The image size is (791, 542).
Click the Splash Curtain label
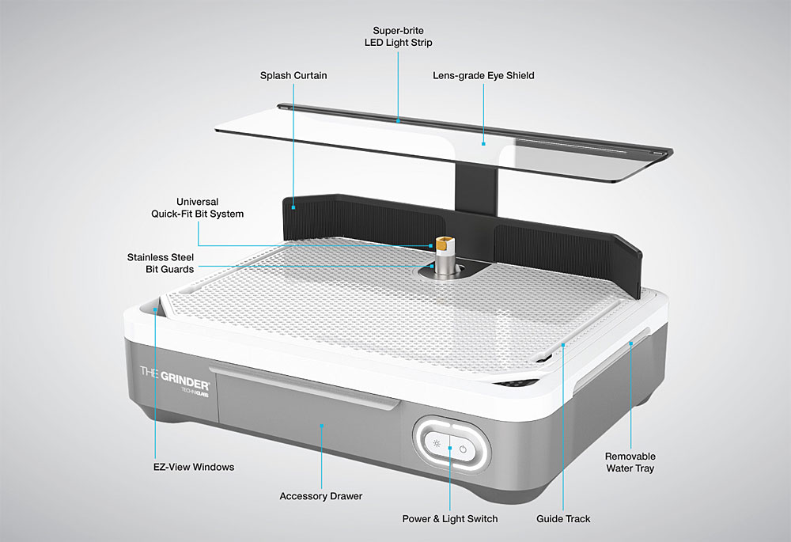point(293,76)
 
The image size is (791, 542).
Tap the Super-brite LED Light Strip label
point(399,37)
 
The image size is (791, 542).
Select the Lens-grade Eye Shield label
point(483,76)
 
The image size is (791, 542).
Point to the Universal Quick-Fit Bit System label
point(197,208)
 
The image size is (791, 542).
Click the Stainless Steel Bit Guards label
point(161,263)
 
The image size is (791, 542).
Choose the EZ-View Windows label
point(194,468)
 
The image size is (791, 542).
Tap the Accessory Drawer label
point(321,496)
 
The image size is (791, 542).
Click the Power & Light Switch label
point(450,519)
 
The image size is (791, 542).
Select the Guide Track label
point(563,519)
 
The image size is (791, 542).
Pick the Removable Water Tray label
point(630,462)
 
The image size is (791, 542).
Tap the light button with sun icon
point(437,444)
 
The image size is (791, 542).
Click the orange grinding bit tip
point(444,243)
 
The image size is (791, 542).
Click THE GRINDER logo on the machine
point(175,379)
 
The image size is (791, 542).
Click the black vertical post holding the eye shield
point(476,188)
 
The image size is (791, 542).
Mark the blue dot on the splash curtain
point(293,207)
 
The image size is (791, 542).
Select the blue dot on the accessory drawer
point(322,426)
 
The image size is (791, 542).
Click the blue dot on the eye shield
point(483,144)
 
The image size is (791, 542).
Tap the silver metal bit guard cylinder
point(443,263)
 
